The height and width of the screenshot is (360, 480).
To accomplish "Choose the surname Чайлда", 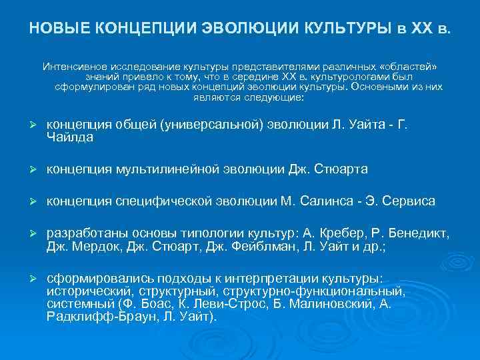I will pyautogui.click(x=70, y=137).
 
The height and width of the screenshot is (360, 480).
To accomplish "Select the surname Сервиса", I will pyautogui.click(x=413, y=201).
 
